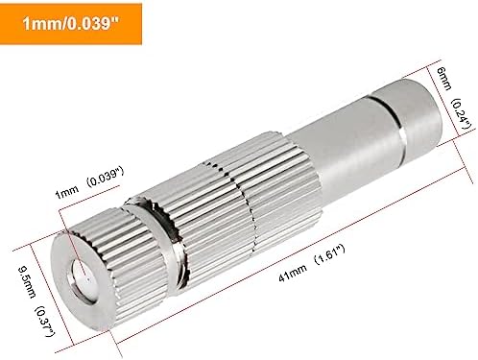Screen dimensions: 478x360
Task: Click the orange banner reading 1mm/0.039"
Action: pyautogui.click(x=71, y=24)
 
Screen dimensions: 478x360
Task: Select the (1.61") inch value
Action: pyautogui.click(x=330, y=253)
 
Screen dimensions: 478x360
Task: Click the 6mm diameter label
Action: pyautogui.click(x=444, y=79)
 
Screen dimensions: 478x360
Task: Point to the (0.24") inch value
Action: pyautogui.click(x=461, y=114)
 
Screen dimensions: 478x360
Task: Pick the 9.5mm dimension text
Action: pyautogui.click(x=27, y=282)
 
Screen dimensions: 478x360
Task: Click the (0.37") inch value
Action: pyautogui.click(x=44, y=321)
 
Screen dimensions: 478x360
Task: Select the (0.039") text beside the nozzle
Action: pyautogui.click(x=105, y=177)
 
